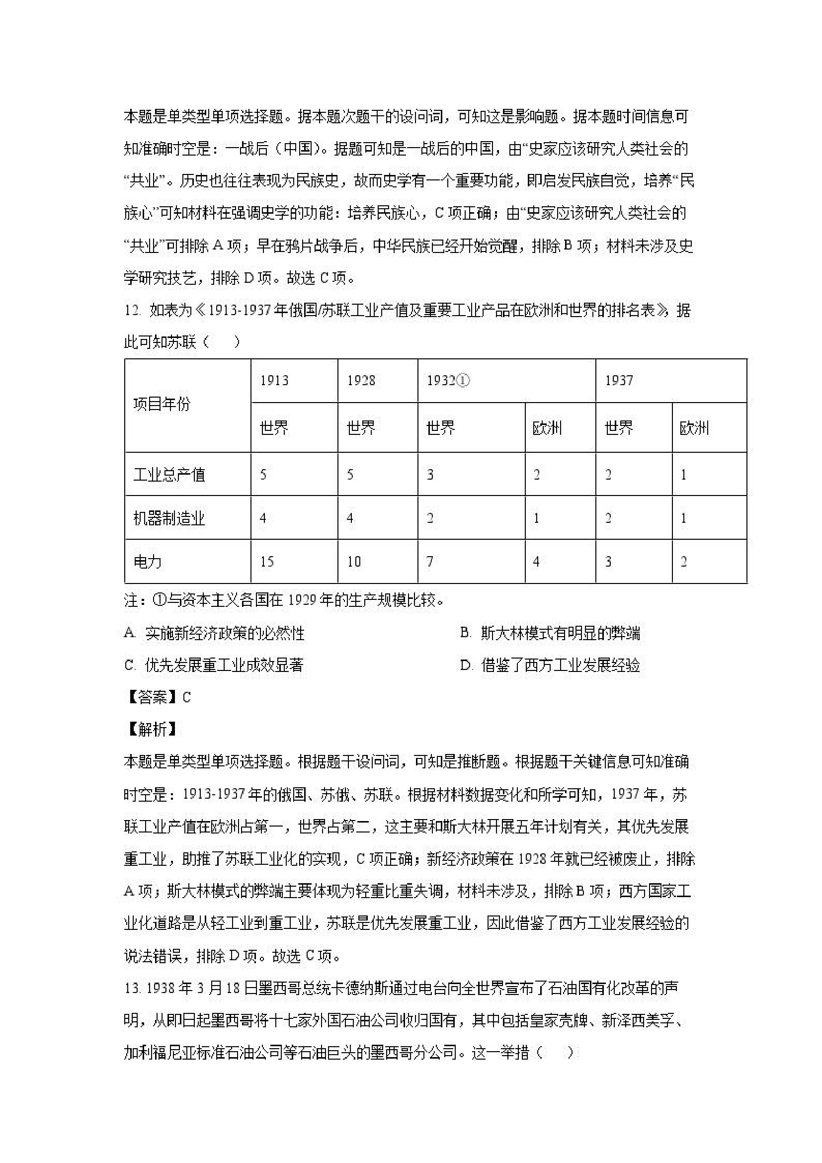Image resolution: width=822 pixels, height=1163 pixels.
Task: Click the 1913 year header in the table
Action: pos(274,380)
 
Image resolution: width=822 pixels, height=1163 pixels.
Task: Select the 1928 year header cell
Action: pos(361,380)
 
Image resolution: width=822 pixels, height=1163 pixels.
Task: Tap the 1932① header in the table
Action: pos(448,380)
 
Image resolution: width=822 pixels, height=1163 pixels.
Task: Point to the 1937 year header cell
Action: pos(618,380)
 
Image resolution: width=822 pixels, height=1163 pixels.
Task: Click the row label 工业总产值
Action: pos(169,475)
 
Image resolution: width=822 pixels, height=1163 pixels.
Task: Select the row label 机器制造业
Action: pos(169,518)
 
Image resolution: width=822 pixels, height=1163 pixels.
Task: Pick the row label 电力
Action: pos(148,561)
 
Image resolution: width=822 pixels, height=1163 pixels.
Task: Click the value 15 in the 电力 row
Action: pos(267,561)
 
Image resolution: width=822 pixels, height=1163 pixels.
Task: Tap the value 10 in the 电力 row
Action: pos(353,561)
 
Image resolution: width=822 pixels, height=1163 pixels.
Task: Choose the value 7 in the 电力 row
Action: pos(430,561)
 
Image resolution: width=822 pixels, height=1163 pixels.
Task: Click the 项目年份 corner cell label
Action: pos(162,404)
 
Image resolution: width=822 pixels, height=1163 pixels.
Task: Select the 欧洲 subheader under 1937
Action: pos(694,428)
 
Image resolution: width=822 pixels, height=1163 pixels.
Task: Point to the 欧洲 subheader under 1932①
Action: pos(547,428)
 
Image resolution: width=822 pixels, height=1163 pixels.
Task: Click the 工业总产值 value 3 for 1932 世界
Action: pos(430,475)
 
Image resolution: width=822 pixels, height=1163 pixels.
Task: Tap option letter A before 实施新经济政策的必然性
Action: pos(130,633)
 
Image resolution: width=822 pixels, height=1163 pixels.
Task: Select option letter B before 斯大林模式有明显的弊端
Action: pos(466,633)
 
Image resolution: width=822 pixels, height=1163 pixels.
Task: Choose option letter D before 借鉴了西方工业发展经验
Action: pos(466,665)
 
